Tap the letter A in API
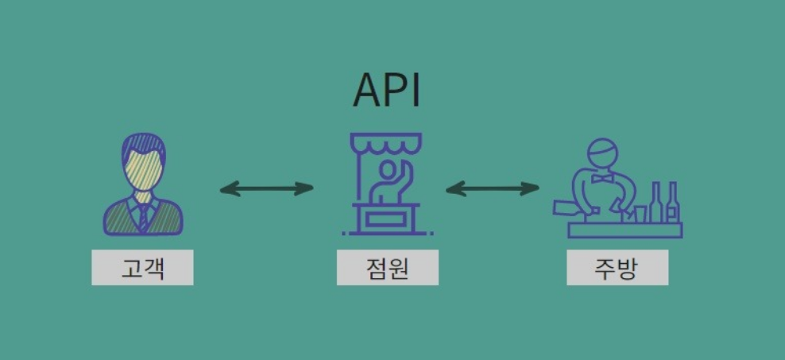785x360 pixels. coord(366,91)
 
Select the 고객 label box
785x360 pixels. coord(142,268)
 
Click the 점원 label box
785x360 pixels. coord(387,268)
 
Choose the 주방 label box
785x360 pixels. coord(617,268)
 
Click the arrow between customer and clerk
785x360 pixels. coord(267,188)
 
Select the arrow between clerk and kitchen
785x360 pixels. coord(493,188)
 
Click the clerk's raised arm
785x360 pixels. coord(404,175)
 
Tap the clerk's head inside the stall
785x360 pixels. coord(386,168)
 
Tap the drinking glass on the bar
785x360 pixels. coord(640,214)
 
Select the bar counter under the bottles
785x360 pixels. coord(625,230)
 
